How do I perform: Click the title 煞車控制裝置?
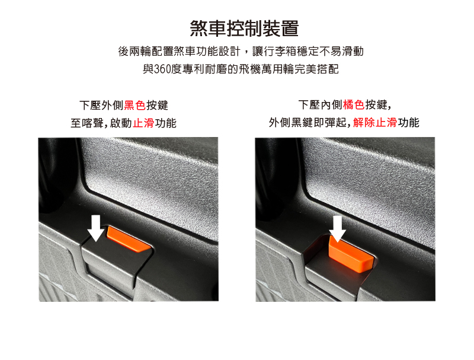point(244,28)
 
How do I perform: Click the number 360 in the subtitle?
point(162,69)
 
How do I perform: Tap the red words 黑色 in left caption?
point(135,106)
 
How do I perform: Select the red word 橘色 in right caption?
point(354,104)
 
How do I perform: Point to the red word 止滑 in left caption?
point(143,123)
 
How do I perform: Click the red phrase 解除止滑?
point(375,123)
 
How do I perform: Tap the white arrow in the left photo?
point(96,228)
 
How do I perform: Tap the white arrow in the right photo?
point(337,229)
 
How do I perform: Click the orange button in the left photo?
point(129,240)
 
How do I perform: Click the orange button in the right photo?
point(351,254)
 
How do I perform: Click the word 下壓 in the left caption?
point(90,106)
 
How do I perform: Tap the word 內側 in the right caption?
point(332,104)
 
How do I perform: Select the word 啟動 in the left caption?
point(121,123)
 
